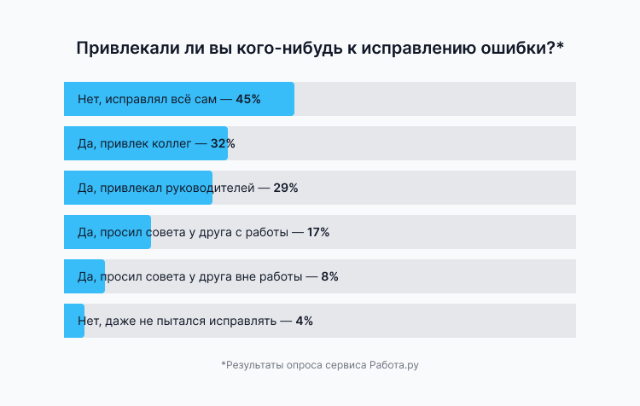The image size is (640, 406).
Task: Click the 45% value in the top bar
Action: pos(248,99)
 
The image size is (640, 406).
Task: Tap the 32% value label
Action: pos(223,143)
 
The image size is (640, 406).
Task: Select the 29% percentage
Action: pos(285,188)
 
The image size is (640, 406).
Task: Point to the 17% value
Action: pos(317,232)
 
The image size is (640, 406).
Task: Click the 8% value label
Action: pos(329,276)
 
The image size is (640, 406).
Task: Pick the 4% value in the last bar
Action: pos(304,321)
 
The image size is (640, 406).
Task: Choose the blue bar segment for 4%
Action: pos(74,321)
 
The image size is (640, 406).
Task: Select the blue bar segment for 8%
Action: pos(84,276)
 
